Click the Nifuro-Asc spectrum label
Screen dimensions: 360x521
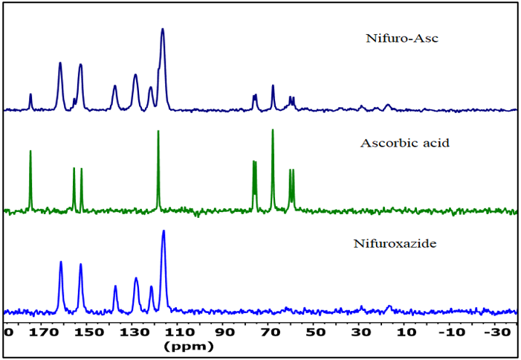[x=402, y=38]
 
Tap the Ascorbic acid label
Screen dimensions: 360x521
[x=404, y=142]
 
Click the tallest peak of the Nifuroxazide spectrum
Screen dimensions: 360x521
[x=164, y=232]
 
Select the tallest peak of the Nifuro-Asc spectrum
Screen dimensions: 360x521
[x=163, y=30]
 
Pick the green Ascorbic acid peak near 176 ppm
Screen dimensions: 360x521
[x=30, y=152]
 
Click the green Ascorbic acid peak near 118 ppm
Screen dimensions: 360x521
[x=158, y=132]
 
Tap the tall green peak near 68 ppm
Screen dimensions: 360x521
[x=273, y=130]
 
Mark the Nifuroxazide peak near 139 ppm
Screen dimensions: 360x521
[x=115, y=286]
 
